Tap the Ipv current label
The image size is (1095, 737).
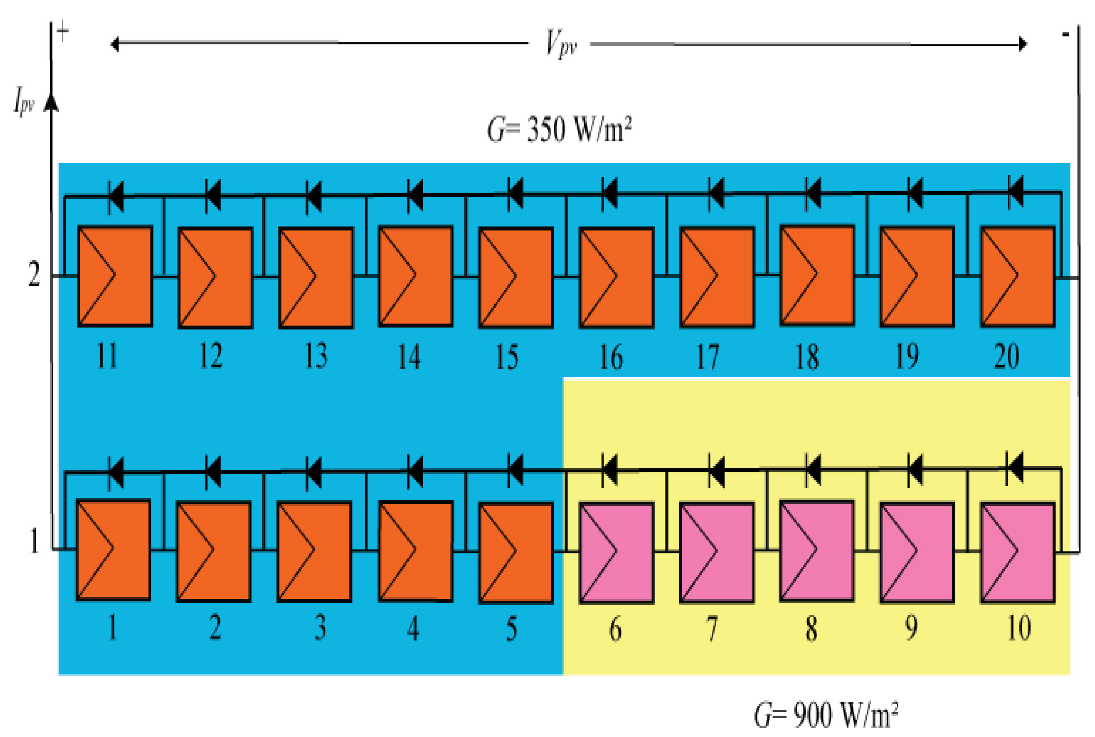click(x=23, y=100)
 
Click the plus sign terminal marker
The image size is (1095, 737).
click(x=62, y=32)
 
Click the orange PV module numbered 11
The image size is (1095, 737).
click(x=115, y=276)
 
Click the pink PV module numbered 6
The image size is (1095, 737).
click(x=616, y=553)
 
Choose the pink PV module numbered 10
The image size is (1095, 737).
click(x=1017, y=553)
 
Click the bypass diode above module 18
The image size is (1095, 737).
click(x=813, y=193)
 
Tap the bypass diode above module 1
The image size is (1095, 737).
click(x=116, y=472)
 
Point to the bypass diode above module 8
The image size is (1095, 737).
click(x=813, y=470)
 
